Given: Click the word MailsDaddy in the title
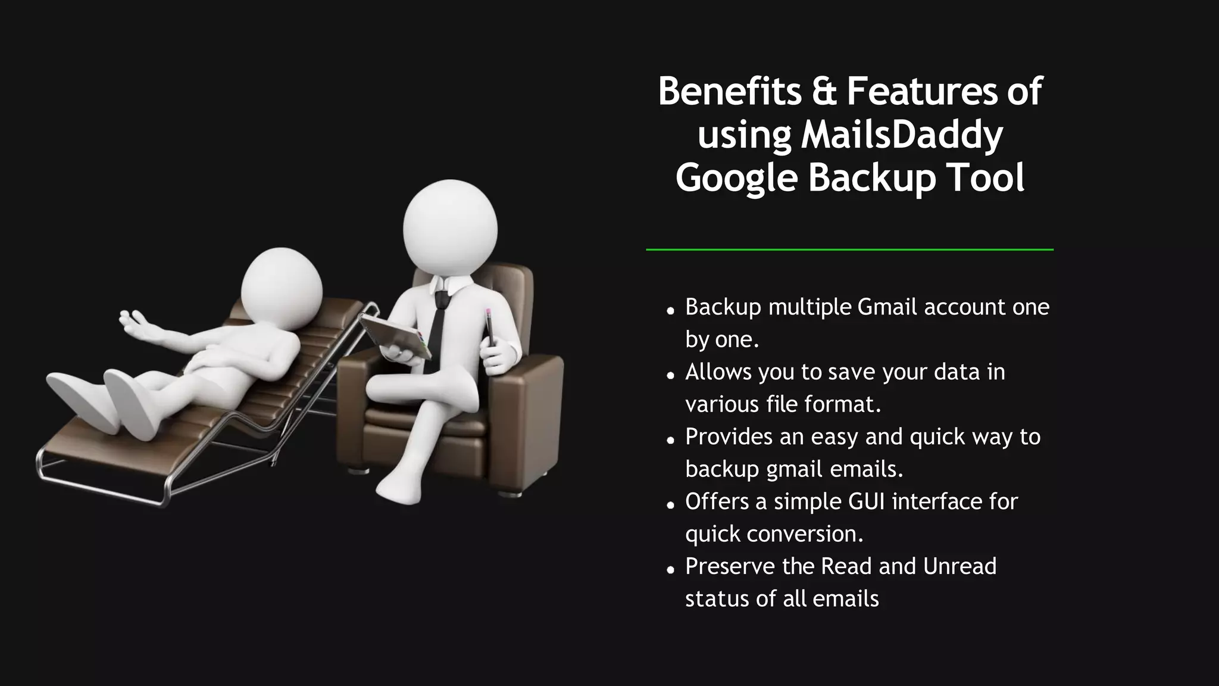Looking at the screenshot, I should pyautogui.click(x=902, y=135).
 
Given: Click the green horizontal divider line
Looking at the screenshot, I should pyautogui.click(x=849, y=250).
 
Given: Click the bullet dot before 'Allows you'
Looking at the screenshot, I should pyautogui.click(x=671, y=375).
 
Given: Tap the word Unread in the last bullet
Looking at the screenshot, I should pyautogui.click(x=959, y=566).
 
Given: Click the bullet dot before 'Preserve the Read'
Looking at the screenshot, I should pyautogui.click(x=671, y=570).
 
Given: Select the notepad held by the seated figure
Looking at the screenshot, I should pyautogui.click(x=396, y=336).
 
